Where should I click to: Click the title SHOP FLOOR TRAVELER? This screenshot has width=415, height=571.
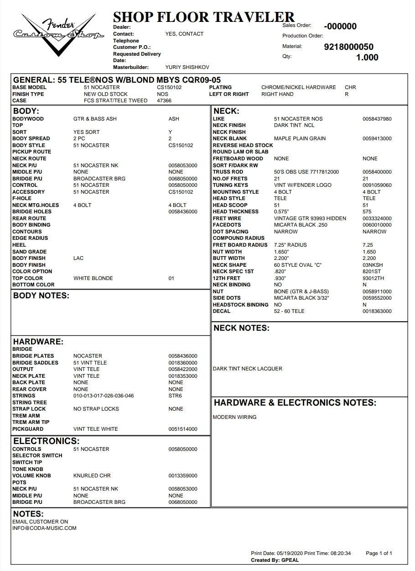203,17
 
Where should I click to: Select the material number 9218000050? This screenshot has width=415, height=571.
348,47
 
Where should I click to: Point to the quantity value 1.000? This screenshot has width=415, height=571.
367,58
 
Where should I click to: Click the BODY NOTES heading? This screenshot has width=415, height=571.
41,296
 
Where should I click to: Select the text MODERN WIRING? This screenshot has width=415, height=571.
234,417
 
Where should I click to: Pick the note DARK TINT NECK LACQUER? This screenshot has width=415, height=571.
247,369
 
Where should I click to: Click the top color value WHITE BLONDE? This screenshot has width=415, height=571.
93,278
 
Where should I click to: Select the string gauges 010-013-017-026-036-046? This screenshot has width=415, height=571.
104,396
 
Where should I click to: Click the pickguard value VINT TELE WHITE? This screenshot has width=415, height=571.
95,429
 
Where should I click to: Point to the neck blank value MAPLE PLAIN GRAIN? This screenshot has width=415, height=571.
300,138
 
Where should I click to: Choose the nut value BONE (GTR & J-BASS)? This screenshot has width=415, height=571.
301,291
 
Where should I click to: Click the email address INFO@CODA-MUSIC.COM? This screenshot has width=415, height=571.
44,528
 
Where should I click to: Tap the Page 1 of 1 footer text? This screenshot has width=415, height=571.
379,553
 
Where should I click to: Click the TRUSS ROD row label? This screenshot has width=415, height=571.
228,172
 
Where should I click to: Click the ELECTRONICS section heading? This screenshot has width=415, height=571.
46,441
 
